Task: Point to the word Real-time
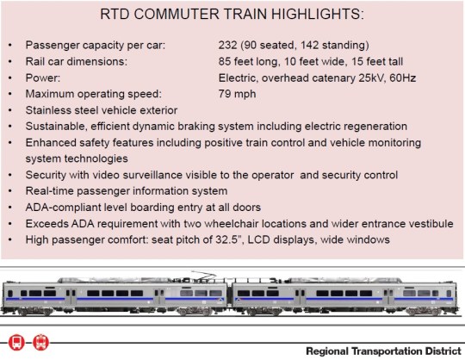tap(53, 190)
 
